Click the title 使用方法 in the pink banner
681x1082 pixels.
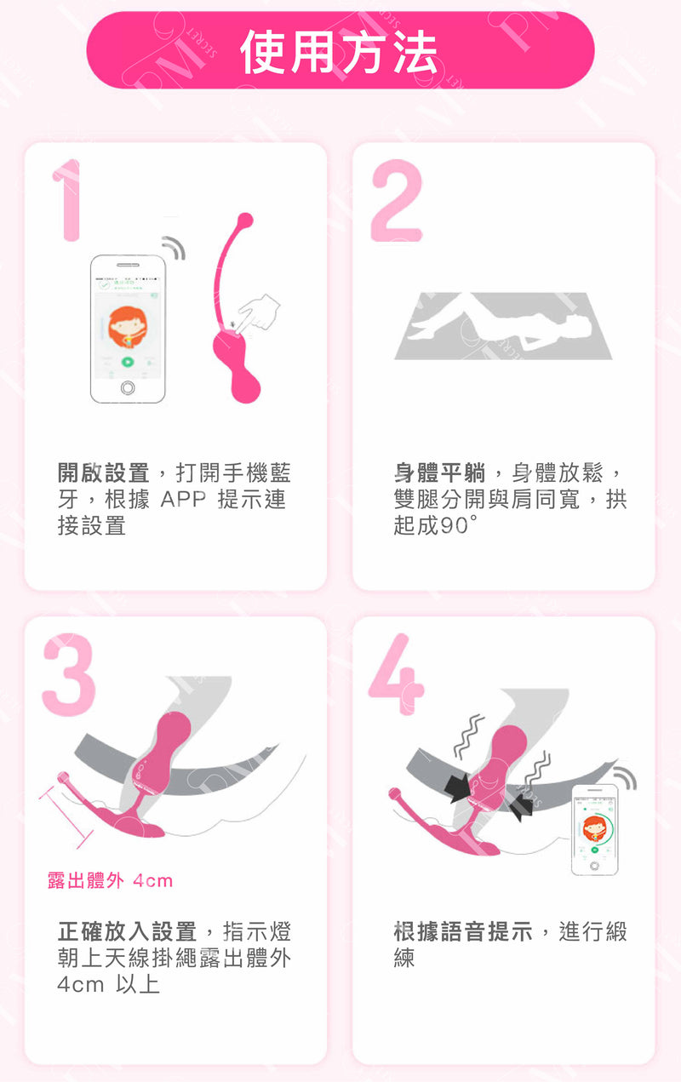click(x=339, y=52)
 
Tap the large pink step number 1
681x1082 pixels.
click(x=68, y=200)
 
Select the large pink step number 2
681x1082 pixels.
click(x=397, y=200)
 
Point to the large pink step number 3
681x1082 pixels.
click(x=69, y=675)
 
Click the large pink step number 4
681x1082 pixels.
click(x=397, y=674)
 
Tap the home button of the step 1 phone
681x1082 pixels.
click(x=128, y=387)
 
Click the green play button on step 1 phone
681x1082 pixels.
click(x=127, y=361)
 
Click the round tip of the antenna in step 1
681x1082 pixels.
click(x=246, y=220)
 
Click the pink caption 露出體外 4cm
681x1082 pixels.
click(x=110, y=880)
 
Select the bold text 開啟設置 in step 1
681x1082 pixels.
click(x=103, y=472)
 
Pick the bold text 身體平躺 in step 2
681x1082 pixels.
click(x=439, y=472)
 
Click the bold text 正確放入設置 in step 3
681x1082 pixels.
click(x=127, y=932)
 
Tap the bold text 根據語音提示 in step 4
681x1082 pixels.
click(x=463, y=932)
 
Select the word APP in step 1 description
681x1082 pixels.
click(x=183, y=500)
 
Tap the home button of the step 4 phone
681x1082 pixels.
click(x=594, y=866)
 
